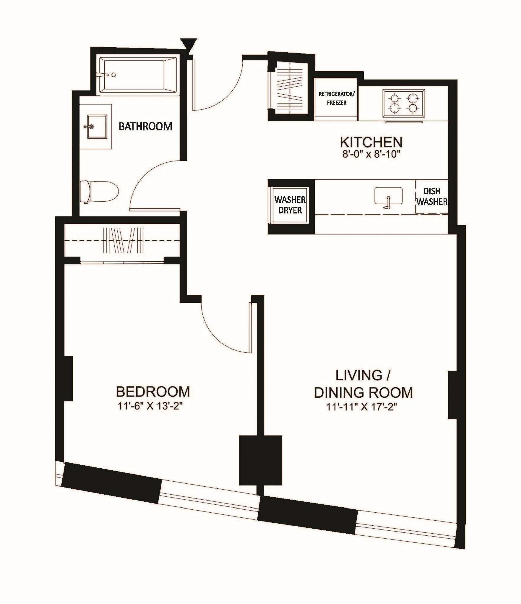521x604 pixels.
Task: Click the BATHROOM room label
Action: click(x=145, y=127)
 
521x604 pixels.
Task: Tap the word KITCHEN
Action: click(x=371, y=142)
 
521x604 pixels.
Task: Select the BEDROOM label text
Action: click(x=153, y=392)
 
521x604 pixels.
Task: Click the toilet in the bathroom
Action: click(x=99, y=192)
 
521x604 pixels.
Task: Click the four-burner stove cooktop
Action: click(x=404, y=103)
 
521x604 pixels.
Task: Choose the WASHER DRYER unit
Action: click(x=290, y=205)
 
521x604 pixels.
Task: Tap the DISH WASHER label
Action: click(x=432, y=196)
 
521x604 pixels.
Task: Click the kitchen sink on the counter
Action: click(x=388, y=196)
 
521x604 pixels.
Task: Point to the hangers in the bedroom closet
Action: click(x=123, y=240)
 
